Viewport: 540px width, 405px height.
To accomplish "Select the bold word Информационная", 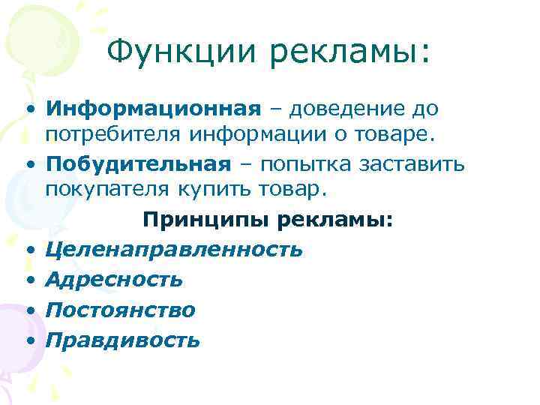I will pos(152,109).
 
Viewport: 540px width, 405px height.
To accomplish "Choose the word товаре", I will pos(418,136).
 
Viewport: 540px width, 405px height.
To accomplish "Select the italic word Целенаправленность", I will pos(174,249).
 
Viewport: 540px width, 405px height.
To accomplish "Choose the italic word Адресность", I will pos(114,280).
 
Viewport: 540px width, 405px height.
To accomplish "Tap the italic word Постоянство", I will pos(120,310).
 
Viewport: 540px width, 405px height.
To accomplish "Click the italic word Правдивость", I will pos(123,340).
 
